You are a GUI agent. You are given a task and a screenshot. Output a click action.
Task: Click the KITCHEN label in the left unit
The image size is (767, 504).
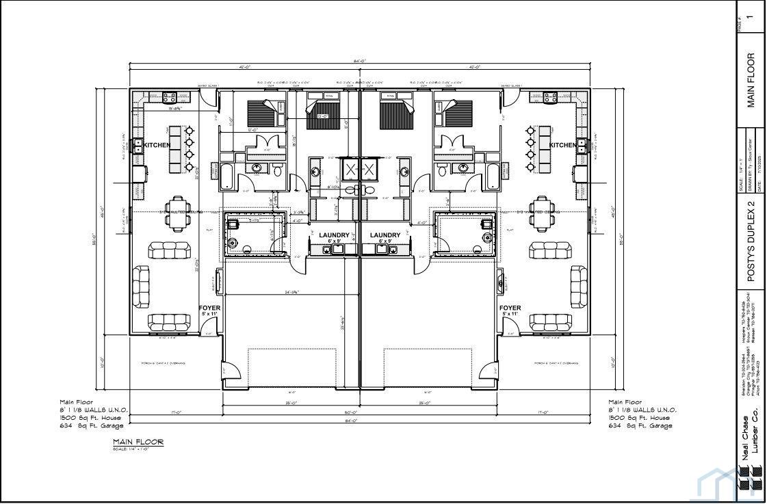(157, 145)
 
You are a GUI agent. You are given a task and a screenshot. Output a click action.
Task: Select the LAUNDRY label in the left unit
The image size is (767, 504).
(334, 235)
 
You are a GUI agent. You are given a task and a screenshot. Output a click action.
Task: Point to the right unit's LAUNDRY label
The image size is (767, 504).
(385, 235)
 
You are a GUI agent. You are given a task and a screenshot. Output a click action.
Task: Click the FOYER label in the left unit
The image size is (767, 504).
(209, 308)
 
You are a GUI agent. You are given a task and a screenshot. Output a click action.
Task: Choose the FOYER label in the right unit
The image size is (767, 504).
(510, 308)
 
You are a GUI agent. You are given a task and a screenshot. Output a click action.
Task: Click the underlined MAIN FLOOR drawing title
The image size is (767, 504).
(138, 442)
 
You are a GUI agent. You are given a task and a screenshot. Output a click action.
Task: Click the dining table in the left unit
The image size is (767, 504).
(178, 214)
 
